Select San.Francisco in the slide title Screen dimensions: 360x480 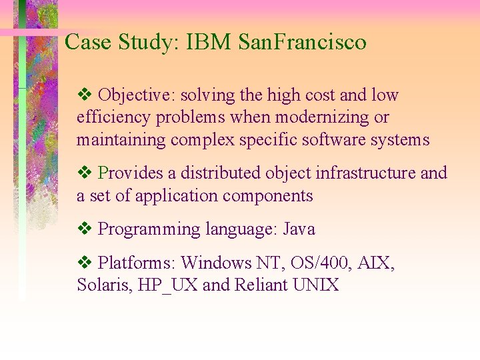302,42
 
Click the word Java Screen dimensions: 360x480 299,229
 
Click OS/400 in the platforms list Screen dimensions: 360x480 308,263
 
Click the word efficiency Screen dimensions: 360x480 113,118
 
